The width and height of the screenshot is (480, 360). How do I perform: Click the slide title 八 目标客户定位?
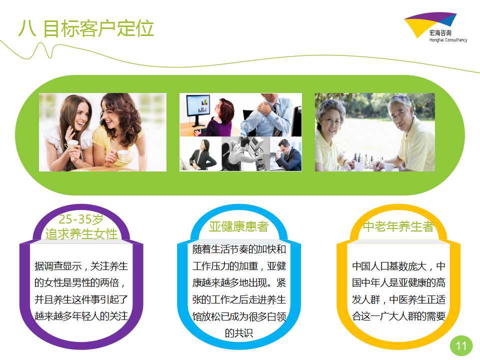pyautogui.click(x=85, y=29)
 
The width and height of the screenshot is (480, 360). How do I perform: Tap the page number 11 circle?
pyautogui.click(x=461, y=345)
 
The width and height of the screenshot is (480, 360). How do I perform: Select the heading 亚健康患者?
pyautogui.click(x=239, y=226)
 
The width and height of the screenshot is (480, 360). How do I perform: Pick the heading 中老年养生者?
pyautogui.click(x=398, y=226)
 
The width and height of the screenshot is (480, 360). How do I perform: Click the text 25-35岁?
pyautogui.click(x=81, y=219)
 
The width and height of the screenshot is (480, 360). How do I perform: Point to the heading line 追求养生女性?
pyautogui.click(x=81, y=234)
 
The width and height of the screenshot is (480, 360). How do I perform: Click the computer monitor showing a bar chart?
pyautogui.click(x=198, y=109)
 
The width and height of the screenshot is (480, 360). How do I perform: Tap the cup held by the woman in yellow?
pyautogui.click(x=122, y=156)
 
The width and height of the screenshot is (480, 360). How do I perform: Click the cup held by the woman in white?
pyautogui.click(x=72, y=145)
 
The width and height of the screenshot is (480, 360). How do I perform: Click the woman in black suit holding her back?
pyautogui.click(x=200, y=154)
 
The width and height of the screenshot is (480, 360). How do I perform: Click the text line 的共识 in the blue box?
pyautogui.click(x=239, y=333)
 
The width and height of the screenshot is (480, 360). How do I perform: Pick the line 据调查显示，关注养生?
pyautogui.click(x=81, y=266)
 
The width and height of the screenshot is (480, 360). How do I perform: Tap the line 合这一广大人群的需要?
pyautogui.click(x=398, y=316)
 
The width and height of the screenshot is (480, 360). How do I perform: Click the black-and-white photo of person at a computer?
pyautogui.click(x=245, y=153)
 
